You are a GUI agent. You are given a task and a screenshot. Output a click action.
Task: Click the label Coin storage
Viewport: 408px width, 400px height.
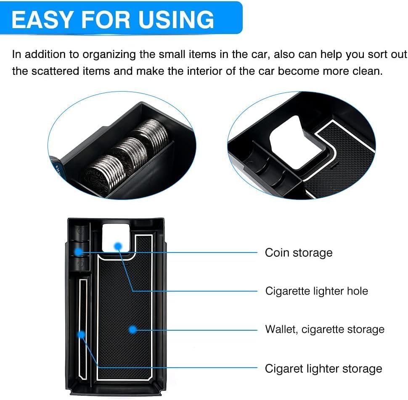[x=299, y=253]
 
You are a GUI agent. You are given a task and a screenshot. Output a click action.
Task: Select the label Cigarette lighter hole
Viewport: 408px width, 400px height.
[x=316, y=291]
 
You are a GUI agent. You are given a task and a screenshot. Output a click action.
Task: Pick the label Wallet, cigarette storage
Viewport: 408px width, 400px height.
[x=325, y=329]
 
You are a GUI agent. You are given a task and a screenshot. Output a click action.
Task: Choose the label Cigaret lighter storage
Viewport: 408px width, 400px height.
[x=323, y=369]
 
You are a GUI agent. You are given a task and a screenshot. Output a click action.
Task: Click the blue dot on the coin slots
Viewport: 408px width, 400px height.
[x=79, y=252]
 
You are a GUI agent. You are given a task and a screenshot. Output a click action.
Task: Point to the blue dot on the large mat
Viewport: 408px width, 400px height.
[x=132, y=330]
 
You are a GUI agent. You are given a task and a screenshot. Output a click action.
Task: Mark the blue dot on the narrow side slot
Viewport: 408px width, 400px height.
[x=82, y=334]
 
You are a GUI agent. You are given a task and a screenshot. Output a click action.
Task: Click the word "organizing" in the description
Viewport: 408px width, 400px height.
[x=112, y=55]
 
